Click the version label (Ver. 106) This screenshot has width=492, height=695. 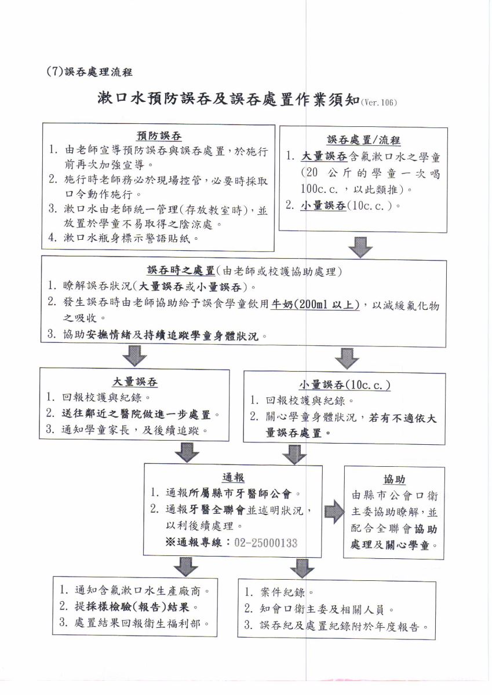pyautogui.click(x=378, y=102)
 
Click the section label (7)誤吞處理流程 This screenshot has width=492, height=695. pyautogui.click(x=89, y=72)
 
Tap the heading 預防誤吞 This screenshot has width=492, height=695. pyautogui.click(x=159, y=136)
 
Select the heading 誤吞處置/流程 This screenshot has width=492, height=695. pyautogui.click(x=363, y=140)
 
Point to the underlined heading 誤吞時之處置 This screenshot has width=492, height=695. pyautogui.click(x=181, y=271)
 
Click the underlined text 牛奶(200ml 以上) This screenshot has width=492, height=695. pyautogui.click(x=315, y=305)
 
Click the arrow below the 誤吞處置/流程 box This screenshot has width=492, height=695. pyautogui.click(x=360, y=247)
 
